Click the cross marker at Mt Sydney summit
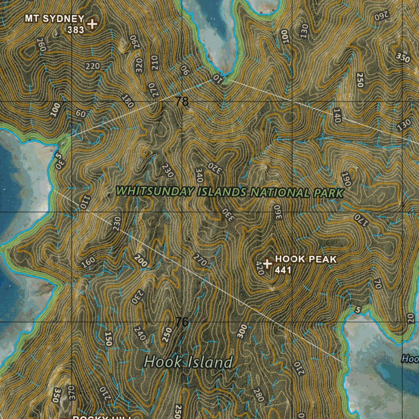tap(92, 24)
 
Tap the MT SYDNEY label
tap(54, 19)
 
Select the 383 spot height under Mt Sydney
tap(76, 29)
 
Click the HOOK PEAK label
tap(306, 259)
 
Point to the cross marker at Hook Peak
tap(268, 264)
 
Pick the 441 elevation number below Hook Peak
tap(283, 270)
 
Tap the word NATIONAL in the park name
tap(279, 192)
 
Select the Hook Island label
tap(189, 362)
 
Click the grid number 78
tap(182, 101)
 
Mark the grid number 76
tap(182, 322)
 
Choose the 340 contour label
tap(200, 175)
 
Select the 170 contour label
tap(362, 219)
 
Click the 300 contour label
tap(242, 331)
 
